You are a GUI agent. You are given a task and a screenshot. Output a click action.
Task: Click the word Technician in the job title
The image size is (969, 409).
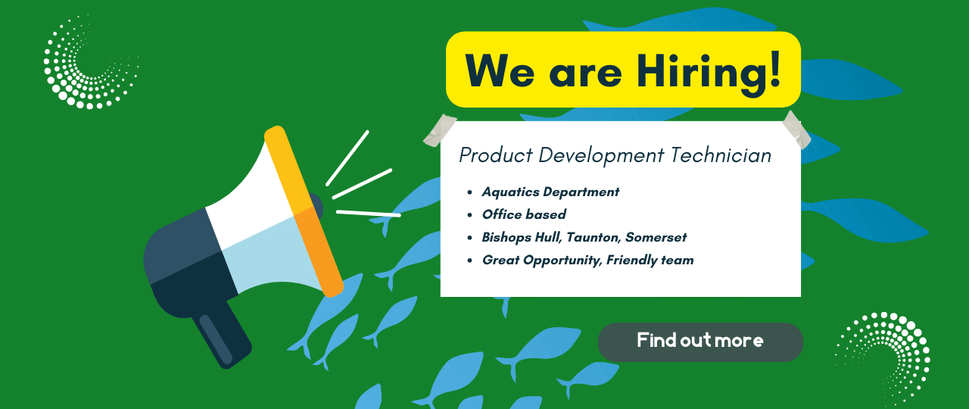(x=721, y=155)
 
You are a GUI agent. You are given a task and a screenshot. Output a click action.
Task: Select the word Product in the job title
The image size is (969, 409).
(x=496, y=155)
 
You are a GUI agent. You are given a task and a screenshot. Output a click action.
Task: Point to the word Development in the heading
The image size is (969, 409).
(x=601, y=156)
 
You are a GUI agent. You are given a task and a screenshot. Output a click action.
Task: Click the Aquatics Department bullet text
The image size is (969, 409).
(x=550, y=192)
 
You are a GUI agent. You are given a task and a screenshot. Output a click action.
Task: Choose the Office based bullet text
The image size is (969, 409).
(x=524, y=214)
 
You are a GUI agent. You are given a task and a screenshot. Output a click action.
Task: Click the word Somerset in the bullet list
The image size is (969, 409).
(x=656, y=237)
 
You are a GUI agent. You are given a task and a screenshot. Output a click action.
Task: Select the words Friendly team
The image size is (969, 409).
(x=650, y=260)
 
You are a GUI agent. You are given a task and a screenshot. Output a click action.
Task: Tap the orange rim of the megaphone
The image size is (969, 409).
(x=304, y=211)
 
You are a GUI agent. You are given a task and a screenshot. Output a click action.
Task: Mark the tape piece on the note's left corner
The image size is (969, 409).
(x=440, y=130)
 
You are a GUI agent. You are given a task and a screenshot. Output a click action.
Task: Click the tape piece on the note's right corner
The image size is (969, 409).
(x=796, y=130)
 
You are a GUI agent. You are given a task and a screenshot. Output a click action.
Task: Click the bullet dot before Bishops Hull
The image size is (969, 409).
(x=470, y=238)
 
